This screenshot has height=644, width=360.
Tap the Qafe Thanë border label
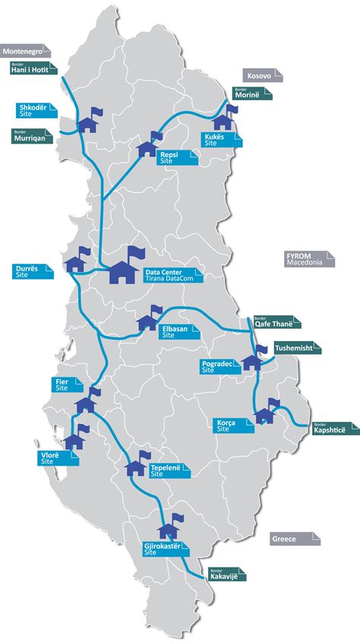[x=276, y=323]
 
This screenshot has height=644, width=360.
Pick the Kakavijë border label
[x=225, y=574]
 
